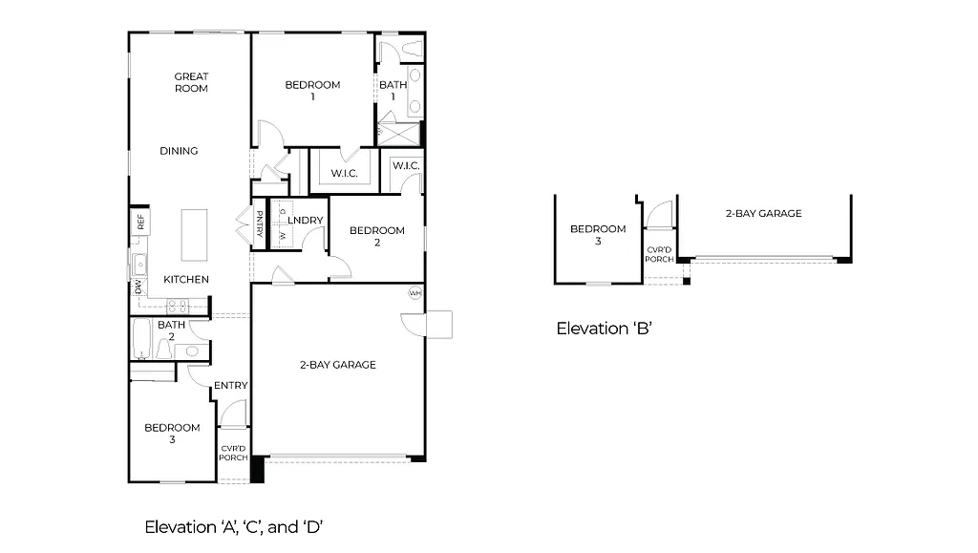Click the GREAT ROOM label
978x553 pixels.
click(191, 82)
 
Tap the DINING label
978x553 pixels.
click(179, 151)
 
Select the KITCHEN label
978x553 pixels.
click(186, 280)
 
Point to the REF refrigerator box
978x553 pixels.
click(140, 223)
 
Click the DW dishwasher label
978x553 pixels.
click(138, 286)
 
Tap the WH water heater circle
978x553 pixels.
click(415, 292)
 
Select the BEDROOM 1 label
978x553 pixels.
click(312, 91)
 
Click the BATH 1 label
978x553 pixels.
click(393, 91)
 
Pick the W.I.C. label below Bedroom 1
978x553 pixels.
click(344, 173)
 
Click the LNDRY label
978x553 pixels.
click(305, 221)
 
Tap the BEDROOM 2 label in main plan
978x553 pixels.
click(376, 236)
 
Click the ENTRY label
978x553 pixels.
click(230, 386)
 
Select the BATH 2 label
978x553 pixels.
click(171, 330)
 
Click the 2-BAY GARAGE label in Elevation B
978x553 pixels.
click(762, 214)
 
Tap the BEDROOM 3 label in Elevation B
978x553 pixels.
click(598, 235)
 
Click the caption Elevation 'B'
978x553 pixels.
click(604, 330)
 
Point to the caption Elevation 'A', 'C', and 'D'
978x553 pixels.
click(239, 526)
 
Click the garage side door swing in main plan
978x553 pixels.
click(430, 326)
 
